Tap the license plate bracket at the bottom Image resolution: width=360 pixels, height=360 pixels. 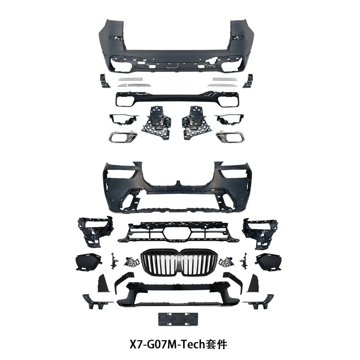point(178,319)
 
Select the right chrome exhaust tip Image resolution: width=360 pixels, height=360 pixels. point(230,137)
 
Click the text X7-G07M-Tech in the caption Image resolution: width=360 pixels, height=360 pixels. point(167,344)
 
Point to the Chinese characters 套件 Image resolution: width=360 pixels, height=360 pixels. point(216,344)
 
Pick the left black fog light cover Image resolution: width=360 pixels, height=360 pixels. point(89,262)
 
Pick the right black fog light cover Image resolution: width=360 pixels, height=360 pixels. point(269,262)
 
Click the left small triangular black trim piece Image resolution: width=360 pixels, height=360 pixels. point(103,284)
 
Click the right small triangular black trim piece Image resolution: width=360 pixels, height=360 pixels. point(253,284)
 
